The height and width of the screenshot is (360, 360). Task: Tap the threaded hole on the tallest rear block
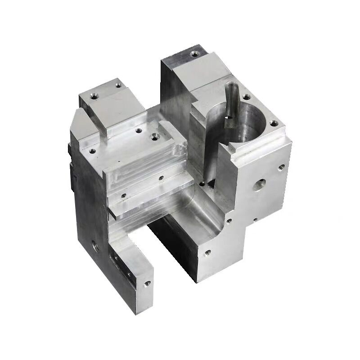click(194, 54)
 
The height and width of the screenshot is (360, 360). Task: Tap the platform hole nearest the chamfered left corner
click(93, 151)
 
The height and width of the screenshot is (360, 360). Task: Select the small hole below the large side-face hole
click(255, 220)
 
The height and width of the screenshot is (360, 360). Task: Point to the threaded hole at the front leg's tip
click(147, 284)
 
